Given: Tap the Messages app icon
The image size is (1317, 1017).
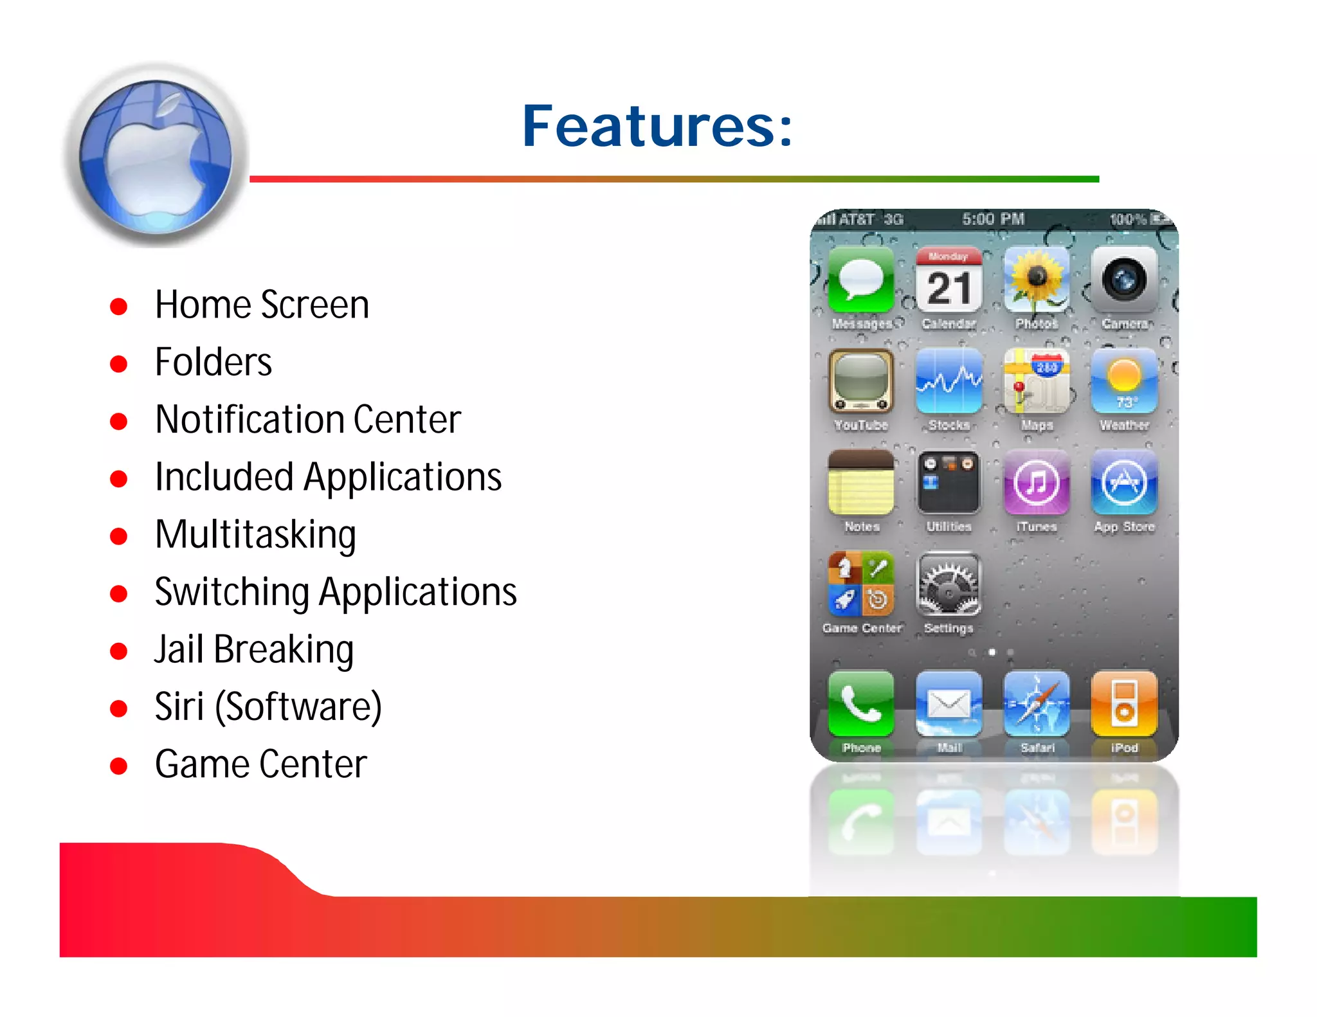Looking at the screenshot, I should [861, 280].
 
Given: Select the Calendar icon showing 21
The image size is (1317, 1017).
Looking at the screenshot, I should [949, 280].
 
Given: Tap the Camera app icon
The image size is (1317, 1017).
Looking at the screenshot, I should [1123, 280].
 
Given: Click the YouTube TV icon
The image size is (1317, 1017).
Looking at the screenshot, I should [861, 381].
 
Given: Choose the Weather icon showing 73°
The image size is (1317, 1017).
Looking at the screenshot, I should [1123, 381].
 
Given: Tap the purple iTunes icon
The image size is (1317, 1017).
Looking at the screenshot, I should [1036, 482].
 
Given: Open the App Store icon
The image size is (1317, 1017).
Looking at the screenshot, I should [1123, 482].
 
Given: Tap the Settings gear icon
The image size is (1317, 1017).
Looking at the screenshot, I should [949, 584].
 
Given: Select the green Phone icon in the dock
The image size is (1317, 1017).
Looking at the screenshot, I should [861, 703].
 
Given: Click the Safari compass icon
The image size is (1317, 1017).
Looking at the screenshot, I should [1036, 703].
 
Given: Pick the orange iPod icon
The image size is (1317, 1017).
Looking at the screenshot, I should [1123, 703].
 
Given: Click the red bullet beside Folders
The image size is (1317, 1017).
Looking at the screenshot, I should [118, 364].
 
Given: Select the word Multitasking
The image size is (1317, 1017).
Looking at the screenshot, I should [255, 535].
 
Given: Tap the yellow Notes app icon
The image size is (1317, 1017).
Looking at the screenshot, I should [861, 482].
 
